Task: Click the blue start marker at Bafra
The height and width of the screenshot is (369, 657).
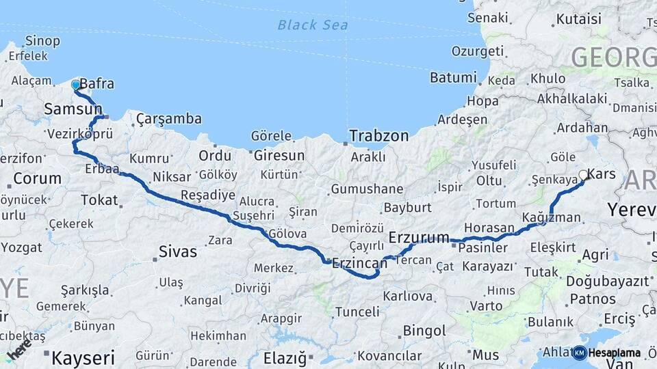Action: tap(75, 85)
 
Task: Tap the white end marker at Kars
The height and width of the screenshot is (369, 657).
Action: tap(584, 175)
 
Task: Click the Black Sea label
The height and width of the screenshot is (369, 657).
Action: tap(313, 25)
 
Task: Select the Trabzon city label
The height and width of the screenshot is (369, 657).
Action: tap(378, 136)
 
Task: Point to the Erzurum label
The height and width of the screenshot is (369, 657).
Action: tap(419, 237)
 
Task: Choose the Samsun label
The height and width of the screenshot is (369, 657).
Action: tap(73, 109)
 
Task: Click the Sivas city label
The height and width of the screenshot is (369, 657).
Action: tap(177, 251)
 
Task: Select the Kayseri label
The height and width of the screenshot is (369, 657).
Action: tap(83, 357)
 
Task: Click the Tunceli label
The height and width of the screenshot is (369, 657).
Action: tap(357, 312)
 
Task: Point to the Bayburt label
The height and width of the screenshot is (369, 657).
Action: tap(407, 207)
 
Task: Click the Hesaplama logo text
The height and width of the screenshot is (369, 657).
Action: tap(614, 353)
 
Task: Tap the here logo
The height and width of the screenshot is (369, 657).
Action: tap(18, 348)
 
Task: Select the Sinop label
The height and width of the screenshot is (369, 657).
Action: tap(42, 40)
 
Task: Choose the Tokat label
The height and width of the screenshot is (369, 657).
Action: tap(99, 200)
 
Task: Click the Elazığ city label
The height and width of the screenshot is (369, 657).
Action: tap(287, 357)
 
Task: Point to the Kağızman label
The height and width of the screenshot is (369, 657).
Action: tap(551, 217)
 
